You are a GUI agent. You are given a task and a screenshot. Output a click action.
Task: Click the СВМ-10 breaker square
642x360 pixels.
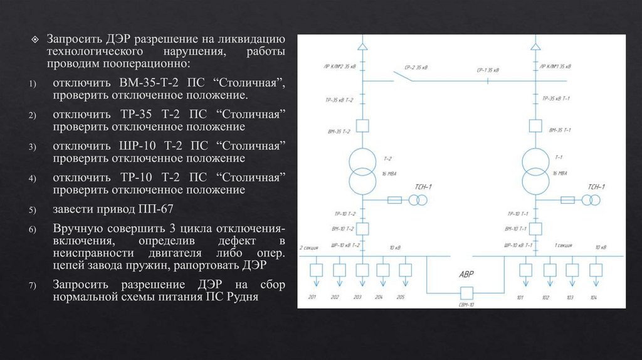click(x=466, y=293)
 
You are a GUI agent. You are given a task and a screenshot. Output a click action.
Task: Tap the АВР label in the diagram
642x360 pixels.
click(x=466, y=273)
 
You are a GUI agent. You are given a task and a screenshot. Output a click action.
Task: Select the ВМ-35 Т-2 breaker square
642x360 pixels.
click(x=362, y=126)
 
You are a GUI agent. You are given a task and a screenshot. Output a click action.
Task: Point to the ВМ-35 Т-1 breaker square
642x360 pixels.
click(x=535, y=126)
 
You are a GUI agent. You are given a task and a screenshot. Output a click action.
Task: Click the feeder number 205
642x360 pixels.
click(x=401, y=297)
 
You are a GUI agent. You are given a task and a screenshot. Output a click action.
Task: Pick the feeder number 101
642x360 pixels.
click(x=519, y=297)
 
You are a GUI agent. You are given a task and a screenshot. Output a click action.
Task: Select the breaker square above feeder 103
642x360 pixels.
click(x=572, y=270)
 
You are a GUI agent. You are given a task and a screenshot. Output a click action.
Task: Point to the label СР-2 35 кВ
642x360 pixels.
click(x=417, y=66)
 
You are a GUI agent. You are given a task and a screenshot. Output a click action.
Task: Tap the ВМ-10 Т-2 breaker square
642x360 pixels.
click(x=362, y=228)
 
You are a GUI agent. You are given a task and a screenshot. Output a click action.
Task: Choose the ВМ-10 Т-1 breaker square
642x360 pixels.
click(x=535, y=228)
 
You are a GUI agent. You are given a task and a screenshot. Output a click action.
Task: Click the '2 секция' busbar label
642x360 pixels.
click(x=310, y=248)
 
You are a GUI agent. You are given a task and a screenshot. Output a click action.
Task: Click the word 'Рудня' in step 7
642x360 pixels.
click(x=241, y=297)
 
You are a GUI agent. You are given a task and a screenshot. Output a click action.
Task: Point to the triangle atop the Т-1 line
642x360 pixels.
click(x=535, y=47)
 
